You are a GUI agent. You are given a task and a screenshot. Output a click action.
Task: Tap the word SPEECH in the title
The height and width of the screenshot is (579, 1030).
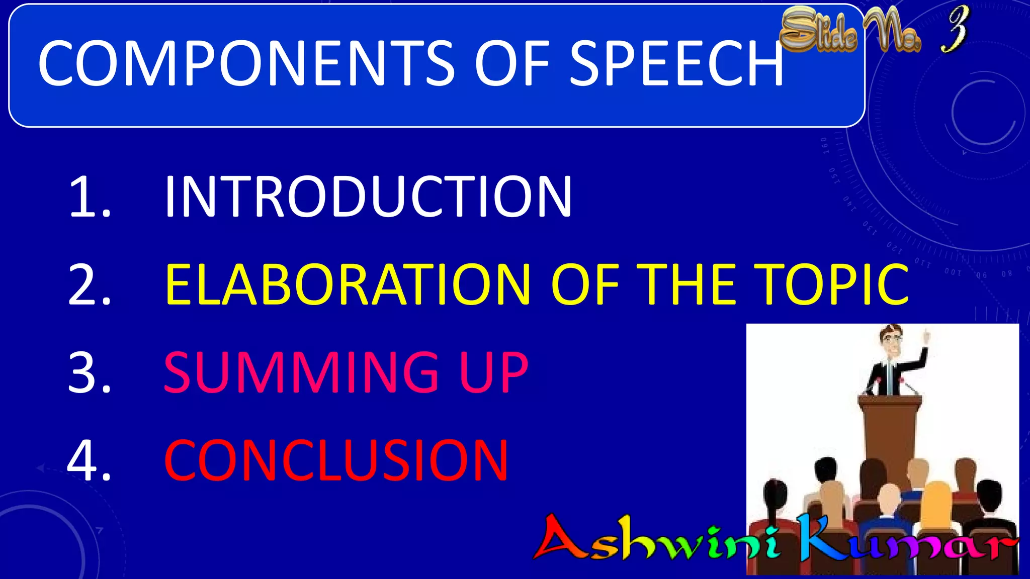tap(676, 64)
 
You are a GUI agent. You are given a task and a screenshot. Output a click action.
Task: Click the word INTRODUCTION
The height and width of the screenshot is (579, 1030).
tap(368, 197)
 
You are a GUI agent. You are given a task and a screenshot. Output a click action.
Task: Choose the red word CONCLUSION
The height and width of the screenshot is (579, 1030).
tap(336, 460)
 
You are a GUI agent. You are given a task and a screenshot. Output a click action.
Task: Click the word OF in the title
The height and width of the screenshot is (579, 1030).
tap(512, 64)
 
